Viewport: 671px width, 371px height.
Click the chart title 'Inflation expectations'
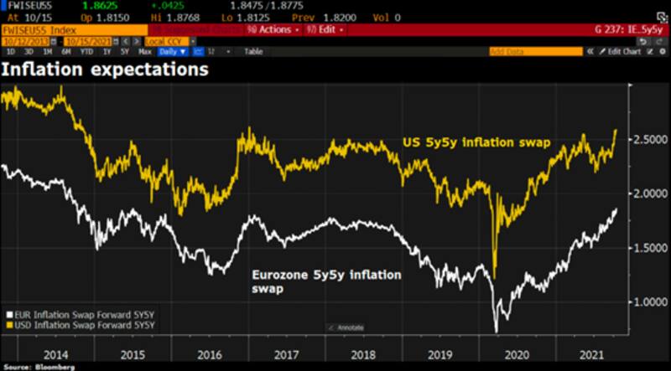click(104, 70)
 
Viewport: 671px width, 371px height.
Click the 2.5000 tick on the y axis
click(642, 139)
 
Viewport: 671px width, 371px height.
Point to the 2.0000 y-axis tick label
click(642, 193)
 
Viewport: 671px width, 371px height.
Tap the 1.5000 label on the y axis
click(642, 247)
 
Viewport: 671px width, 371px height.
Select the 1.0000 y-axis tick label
click(642, 301)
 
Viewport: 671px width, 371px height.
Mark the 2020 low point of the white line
click(496, 330)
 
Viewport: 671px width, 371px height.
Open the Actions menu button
click(271, 29)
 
